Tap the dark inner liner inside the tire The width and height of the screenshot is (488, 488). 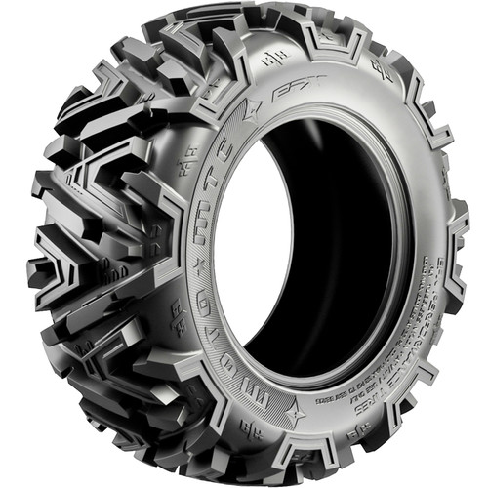pyautogui.click(x=322, y=244)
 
